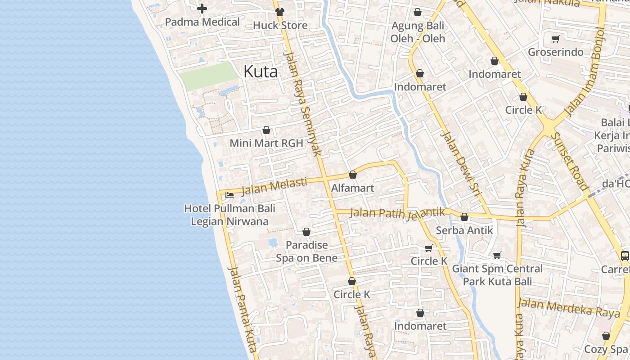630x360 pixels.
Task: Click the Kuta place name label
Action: (x=261, y=71)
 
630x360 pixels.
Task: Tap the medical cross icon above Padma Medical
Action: (x=202, y=9)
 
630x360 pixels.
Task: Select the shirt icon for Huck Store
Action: (x=280, y=12)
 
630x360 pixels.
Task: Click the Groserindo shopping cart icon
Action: (x=555, y=39)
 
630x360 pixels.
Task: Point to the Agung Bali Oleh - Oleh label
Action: (x=418, y=32)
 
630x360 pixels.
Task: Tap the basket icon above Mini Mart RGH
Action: (x=266, y=130)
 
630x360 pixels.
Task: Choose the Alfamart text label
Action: (x=352, y=188)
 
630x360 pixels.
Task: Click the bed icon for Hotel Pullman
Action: (x=229, y=195)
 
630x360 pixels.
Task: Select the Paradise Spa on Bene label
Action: (x=306, y=252)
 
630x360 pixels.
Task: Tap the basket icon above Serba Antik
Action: (x=464, y=217)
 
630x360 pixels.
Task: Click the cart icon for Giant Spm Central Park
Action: (x=497, y=256)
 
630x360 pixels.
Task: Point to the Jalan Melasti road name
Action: (x=274, y=186)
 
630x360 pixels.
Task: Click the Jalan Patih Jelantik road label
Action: (x=397, y=213)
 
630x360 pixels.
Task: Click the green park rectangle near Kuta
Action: (x=208, y=75)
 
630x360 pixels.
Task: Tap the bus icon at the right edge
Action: (x=625, y=256)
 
